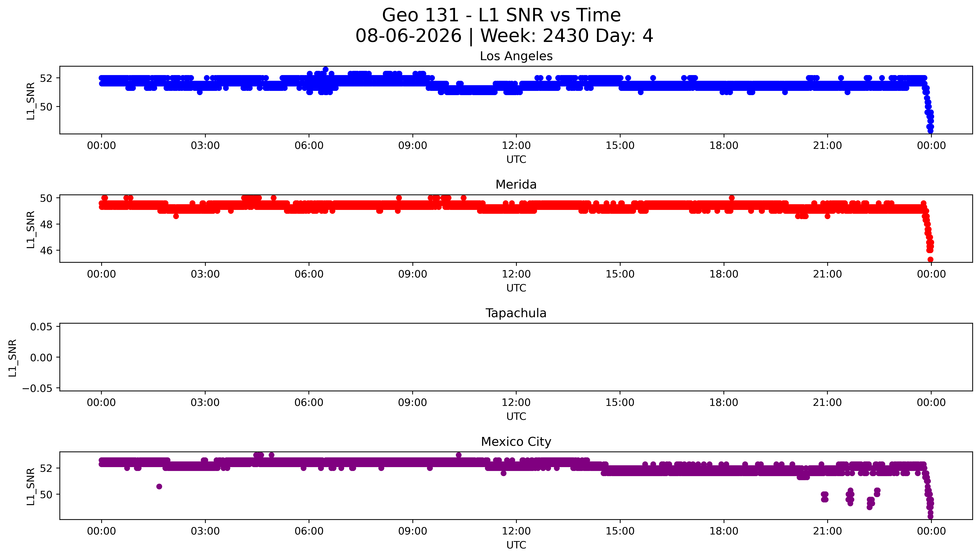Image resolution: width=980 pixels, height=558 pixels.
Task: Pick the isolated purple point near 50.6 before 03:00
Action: [x=159, y=486]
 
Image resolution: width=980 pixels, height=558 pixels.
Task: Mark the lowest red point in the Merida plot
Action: [x=930, y=259]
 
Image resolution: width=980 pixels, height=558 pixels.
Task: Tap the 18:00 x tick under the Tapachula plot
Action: [x=724, y=402]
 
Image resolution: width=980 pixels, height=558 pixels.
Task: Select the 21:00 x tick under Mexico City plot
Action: [x=827, y=531]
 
